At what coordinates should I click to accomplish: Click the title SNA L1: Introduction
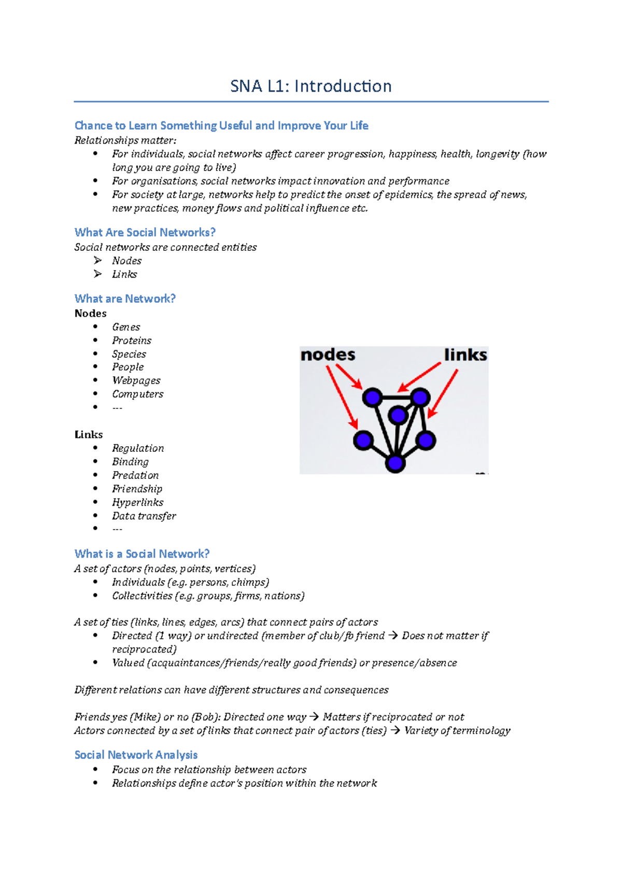tap(310, 86)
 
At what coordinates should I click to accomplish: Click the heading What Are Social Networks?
tap(145, 232)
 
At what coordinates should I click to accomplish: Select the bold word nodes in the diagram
tap(328, 355)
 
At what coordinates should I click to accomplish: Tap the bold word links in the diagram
tap(465, 355)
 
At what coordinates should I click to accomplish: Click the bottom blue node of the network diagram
tap(395, 463)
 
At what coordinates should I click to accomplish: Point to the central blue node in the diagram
tap(398, 415)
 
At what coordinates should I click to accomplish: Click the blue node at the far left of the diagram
tap(363, 440)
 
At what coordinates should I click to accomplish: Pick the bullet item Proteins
tap(132, 340)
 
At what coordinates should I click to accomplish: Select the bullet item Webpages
tap(136, 380)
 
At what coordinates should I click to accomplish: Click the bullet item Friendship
tap(137, 489)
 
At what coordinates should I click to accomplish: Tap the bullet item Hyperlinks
tap(137, 502)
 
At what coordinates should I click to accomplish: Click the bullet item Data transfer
tap(144, 516)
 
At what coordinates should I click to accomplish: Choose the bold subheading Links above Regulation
tap(89, 434)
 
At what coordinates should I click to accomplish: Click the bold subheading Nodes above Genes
tap(90, 313)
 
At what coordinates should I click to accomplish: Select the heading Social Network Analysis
tap(136, 755)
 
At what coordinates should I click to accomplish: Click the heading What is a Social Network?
tap(142, 553)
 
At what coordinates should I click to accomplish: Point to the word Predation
tap(135, 475)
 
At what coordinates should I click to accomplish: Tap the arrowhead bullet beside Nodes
tap(97, 260)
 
